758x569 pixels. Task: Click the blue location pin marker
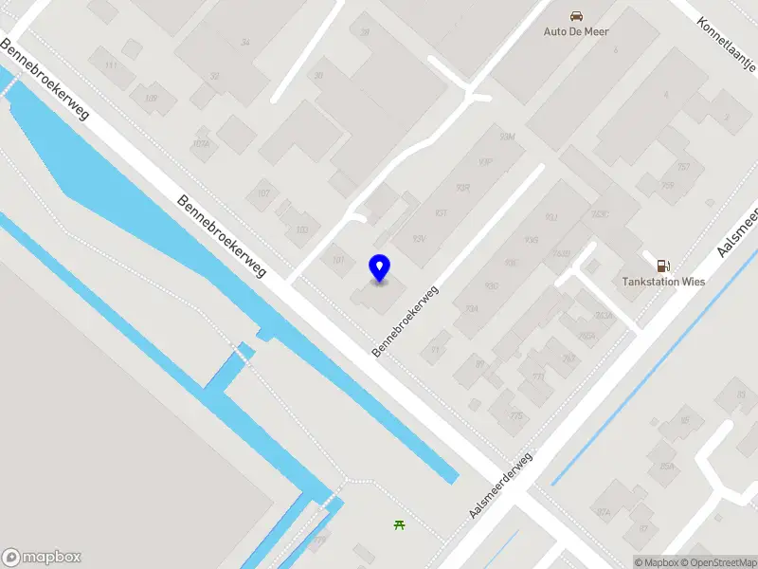[x=379, y=268]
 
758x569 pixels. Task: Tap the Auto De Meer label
[x=576, y=31]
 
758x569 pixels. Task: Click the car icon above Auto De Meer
[x=576, y=15]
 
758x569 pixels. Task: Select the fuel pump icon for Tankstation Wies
[x=663, y=266]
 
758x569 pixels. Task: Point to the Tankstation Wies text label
[x=663, y=282]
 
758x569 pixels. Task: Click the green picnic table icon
[x=400, y=524]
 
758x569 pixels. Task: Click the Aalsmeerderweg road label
[x=501, y=485]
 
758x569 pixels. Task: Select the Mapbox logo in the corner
[x=42, y=557]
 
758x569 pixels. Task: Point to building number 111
[x=112, y=64]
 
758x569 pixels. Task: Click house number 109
[x=151, y=99]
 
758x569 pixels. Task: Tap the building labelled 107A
[x=200, y=144]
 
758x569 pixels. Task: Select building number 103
[x=302, y=230]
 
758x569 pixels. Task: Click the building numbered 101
[x=337, y=259]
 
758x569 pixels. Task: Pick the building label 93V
[x=418, y=238]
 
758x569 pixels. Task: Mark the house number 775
[x=516, y=415]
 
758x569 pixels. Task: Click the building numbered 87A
[x=604, y=511]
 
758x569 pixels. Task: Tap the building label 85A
[x=667, y=466]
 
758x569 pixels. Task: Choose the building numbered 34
[x=245, y=43]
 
